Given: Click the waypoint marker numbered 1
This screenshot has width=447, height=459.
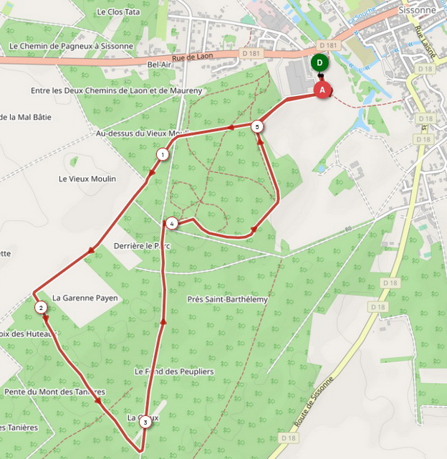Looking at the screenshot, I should coord(163,154).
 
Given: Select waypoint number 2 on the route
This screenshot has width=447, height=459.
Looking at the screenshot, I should coord(42,308).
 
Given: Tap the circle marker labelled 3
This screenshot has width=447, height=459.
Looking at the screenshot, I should coord(145,422).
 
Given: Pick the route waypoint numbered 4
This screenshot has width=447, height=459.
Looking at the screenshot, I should coord(172,224).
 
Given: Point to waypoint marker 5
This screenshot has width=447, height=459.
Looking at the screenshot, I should coord(258,126).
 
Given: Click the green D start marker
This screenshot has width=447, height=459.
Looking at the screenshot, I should coord(319,62).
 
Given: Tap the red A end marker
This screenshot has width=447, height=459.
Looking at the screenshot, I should coord(322,90).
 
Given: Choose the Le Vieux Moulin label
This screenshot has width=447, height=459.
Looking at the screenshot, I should coord(87,179).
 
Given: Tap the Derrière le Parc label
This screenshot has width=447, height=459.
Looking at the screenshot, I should coord(147,246).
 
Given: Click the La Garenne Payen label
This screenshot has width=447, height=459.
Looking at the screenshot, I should coord(85,298).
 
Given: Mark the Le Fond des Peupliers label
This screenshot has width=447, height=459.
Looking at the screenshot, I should coord(174,372).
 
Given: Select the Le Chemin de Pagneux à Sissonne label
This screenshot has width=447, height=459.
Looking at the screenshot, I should coord(71,46).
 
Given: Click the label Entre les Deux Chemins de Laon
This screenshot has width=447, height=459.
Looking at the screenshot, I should coord(117,91).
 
